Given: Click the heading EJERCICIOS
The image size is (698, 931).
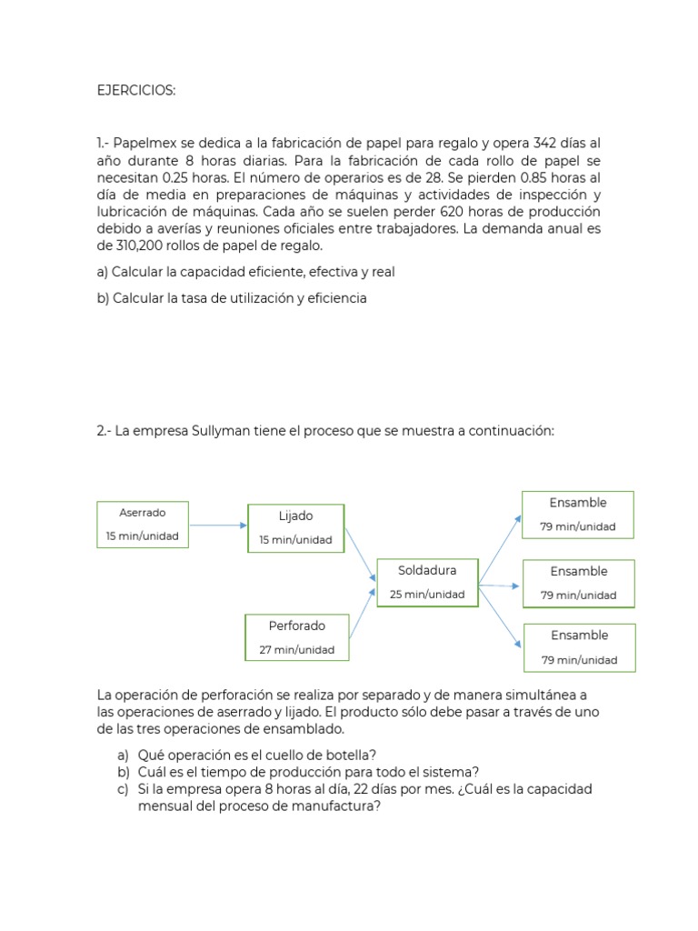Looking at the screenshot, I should (x=136, y=91).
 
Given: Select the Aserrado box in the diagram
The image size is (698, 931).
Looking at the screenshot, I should (x=143, y=524).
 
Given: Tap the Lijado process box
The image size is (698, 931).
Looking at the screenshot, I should (x=295, y=527).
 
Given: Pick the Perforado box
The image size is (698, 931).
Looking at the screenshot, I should (x=296, y=637).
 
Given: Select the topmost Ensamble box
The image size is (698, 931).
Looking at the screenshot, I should (x=577, y=514).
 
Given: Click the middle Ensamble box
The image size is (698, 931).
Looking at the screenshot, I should (x=578, y=583).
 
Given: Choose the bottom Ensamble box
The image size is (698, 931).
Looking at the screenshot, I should (x=578, y=647).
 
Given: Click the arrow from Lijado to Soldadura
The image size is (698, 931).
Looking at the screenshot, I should (x=360, y=553).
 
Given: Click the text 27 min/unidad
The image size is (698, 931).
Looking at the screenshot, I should (x=296, y=650).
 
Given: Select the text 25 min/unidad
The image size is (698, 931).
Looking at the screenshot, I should (x=426, y=595).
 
